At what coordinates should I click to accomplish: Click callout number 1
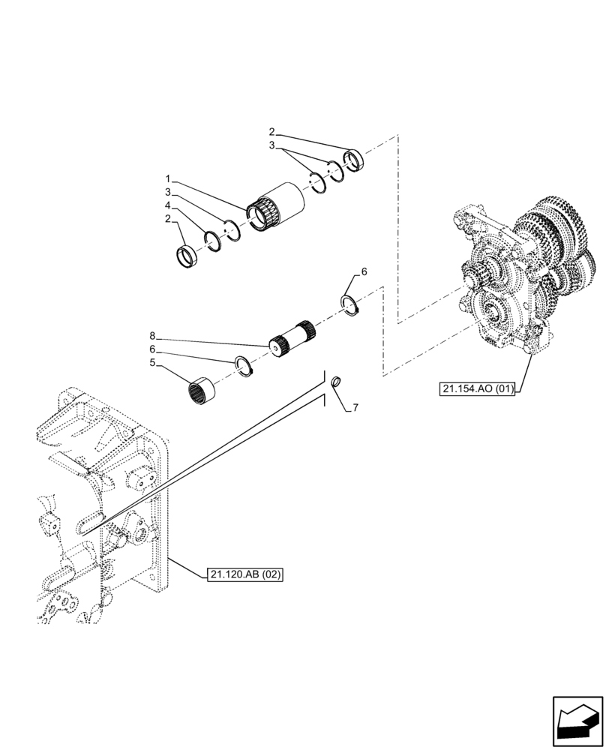(169, 179)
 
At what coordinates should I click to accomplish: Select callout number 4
(169, 205)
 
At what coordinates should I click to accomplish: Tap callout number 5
(152, 362)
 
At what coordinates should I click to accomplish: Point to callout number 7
(355, 407)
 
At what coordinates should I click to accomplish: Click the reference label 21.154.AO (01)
(477, 388)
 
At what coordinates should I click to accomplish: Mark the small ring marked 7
(336, 380)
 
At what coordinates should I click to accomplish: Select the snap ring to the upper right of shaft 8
(348, 306)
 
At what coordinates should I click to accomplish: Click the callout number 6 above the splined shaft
(364, 272)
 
